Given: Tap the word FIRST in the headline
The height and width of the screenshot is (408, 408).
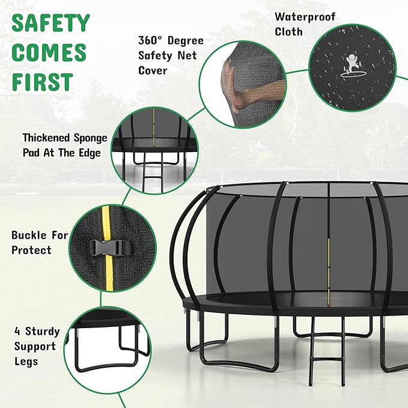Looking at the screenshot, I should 42,81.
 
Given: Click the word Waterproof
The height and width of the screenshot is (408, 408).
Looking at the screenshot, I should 305,17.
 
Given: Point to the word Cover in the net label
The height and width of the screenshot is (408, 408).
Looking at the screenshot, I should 153,71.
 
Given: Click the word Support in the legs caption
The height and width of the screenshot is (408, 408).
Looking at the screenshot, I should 34,346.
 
